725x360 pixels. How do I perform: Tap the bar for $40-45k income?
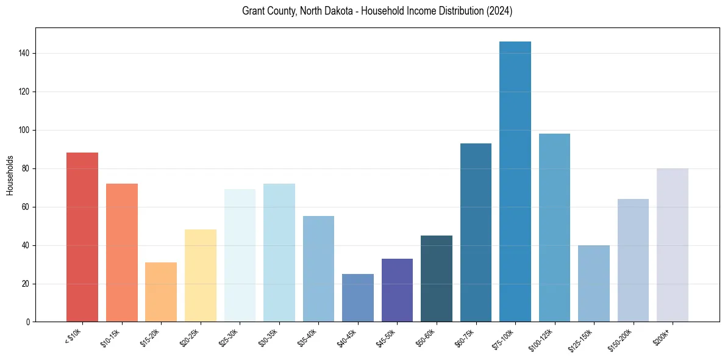pos(358,298)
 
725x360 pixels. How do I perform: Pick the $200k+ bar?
pos(673,245)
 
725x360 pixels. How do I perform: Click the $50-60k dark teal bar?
pos(437,278)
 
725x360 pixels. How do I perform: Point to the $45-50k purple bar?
pos(397,290)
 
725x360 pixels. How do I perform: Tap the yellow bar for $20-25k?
pos(201,275)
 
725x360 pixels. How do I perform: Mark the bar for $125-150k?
pos(594,283)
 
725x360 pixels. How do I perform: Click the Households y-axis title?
pos(10,175)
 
